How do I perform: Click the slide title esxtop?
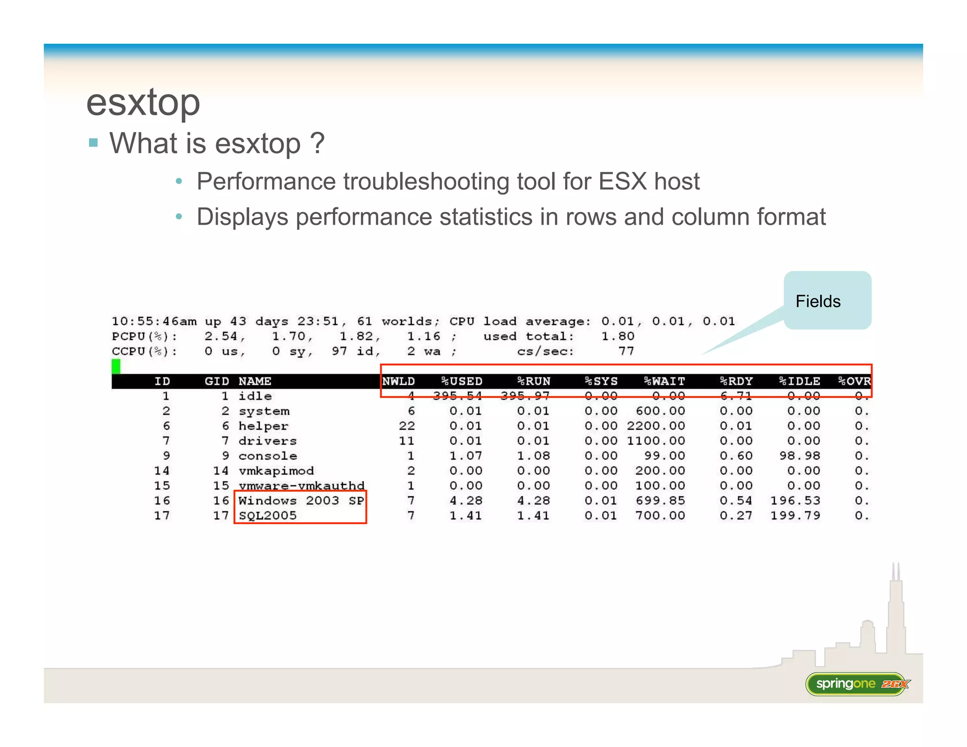pos(143,102)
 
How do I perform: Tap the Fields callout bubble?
pos(827,300)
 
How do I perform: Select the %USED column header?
pos(461,381)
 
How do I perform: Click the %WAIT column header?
pos(664,381)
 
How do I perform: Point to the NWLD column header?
pos(399,381)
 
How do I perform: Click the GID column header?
pos(217,381)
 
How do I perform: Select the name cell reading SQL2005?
pos(268,516)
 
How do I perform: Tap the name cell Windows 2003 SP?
pos(301,501)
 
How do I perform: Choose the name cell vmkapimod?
pos(276,471)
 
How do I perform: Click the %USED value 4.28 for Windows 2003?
pos(466,501)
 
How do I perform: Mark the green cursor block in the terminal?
pos(116,366)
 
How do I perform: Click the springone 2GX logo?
pos(857,684)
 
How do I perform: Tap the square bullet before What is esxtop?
pos(93,143)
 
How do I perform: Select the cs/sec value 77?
pos(626,351)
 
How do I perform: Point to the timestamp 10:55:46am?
pos(154,322)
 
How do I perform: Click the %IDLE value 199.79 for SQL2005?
pos(795,516)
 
